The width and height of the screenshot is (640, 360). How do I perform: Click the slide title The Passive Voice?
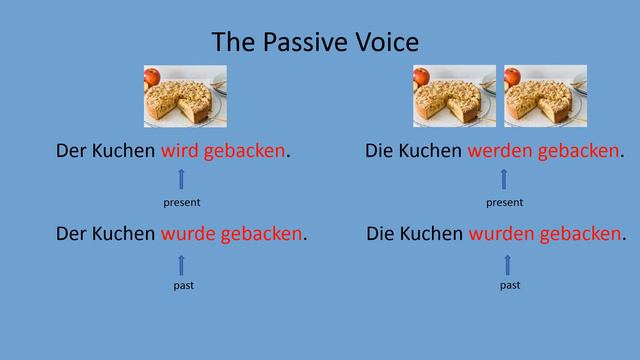(x=315, y=42)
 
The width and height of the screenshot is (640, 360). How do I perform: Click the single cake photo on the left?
(x=185, y=96)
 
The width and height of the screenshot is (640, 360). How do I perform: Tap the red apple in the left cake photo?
(x=152, y=77)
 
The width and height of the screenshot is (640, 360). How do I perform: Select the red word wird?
(x=180, y=152)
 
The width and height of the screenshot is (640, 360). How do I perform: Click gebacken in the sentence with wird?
(x=244, y=152)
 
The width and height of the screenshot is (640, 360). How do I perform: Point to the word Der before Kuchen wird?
(x=72, y=152)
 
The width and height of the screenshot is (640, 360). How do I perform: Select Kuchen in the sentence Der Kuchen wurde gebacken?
(x=124, y=234)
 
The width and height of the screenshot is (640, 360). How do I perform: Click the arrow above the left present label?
(x=181, y=179)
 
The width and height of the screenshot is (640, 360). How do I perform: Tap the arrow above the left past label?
(x=182, y=264)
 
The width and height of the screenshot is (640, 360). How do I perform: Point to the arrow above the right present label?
(x=504, y=179)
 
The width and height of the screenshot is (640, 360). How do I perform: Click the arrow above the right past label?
(x=507, y=264)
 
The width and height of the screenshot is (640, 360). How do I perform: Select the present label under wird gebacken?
(x=181, y=202)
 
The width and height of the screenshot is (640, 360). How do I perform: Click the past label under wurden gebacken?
(x=509, y=286)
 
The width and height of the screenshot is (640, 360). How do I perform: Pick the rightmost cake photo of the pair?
(x=545, y=96)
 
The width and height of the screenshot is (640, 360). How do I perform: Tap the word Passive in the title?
(x=306, y=42)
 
